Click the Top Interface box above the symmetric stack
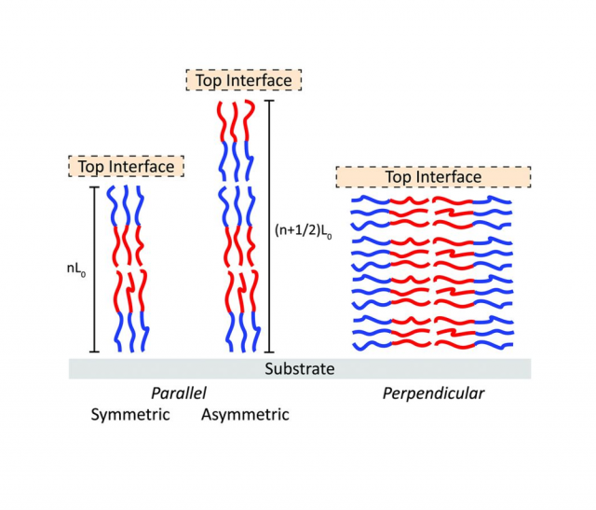[126, 167]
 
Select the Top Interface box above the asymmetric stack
[243, 80]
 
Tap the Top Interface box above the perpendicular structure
[433, 176]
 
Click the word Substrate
[299, 368]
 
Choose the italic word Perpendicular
[433, 393]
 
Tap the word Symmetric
[130, 414]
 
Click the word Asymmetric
[245, 414]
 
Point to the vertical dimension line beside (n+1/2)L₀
[269, 224]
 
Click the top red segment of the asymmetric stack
[236, 121]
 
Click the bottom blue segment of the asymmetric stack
[236, 331]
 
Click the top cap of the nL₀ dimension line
[93, 186]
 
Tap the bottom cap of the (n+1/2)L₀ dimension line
[269, 351]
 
